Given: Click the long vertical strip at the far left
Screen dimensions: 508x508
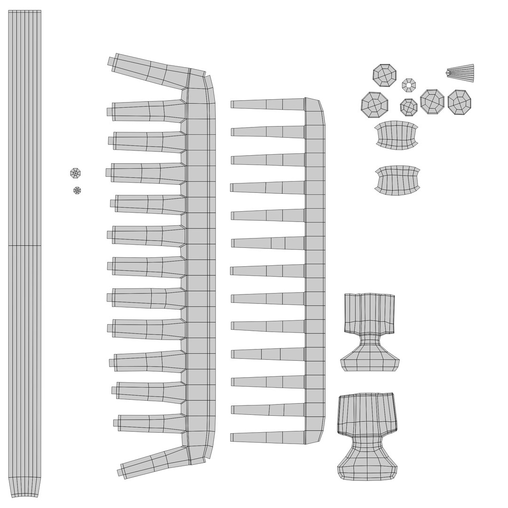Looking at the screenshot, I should click(x=25, y=188).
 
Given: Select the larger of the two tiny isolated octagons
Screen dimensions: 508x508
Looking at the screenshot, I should click(x=75, y=174).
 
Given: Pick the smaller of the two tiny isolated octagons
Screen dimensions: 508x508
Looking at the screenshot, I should click(x=77, y=190).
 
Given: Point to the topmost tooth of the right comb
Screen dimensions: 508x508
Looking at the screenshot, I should click(x=268, y=104).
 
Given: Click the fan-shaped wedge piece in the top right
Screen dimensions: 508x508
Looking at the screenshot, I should click(x=461, y=73).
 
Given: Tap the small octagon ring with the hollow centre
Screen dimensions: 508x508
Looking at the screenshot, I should click(x=409, y=85).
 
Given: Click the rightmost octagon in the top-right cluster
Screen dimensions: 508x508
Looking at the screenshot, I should click(x=460, y=102).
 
